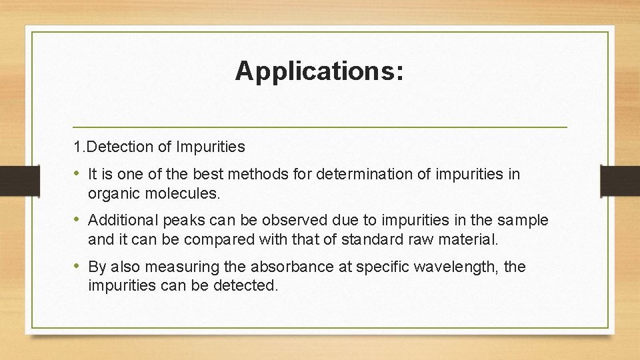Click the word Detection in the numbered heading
point(113,146)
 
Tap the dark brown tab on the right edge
point(620,180)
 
